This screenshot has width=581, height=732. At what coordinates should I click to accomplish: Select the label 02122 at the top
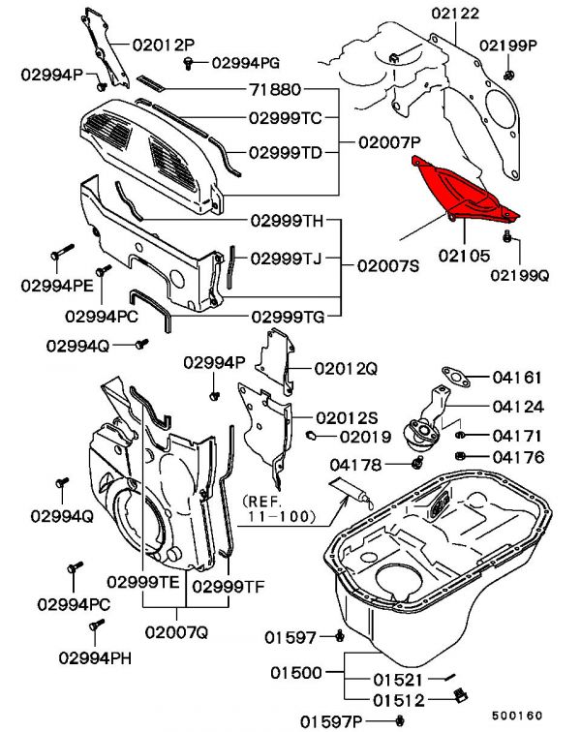click(x=455, y=14)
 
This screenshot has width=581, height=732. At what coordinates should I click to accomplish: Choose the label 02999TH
click(x=287, y=220)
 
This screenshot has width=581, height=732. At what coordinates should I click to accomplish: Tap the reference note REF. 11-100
click(x=281, y=510)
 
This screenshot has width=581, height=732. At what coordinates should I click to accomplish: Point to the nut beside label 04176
click(x=463, y=456)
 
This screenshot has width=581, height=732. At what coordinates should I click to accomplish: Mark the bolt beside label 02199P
click(x=509, y=74)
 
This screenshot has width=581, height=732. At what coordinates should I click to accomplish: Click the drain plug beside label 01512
click(x=462, y=694)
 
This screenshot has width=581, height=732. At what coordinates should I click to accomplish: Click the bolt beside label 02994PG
click(x=188, y=63)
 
